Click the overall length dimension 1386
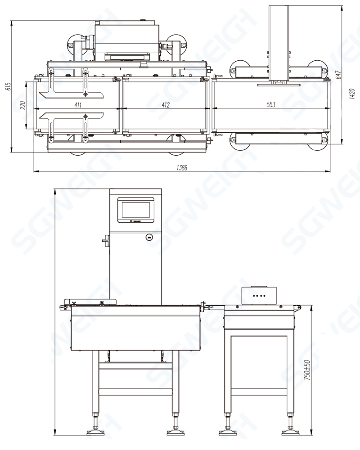tap(181, 167)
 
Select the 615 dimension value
tap(8, 87)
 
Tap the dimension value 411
tap(77, 105)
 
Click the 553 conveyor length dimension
tap(270, 105)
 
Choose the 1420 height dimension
tap(352, 94)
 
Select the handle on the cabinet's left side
tap(106, 241)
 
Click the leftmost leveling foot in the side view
tap(95, 431)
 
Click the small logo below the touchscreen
tap(135, 221)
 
